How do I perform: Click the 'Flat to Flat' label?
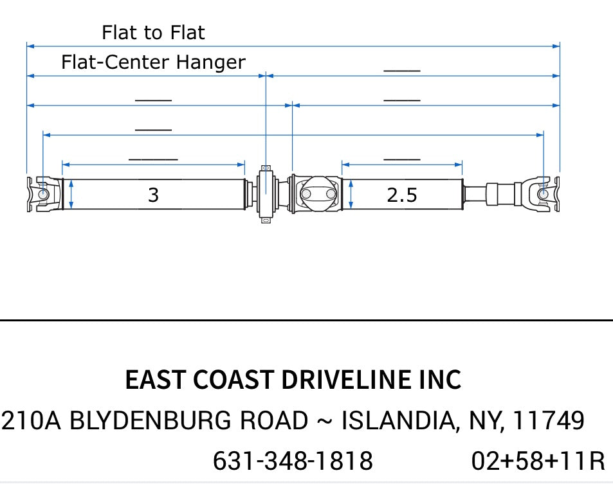(153, 32)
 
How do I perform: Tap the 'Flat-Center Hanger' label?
(153, 62)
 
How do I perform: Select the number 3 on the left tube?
(153, 195)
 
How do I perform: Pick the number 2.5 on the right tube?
(402, 195)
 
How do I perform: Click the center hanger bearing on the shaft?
(266, 194)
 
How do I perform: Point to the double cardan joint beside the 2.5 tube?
(316, 194)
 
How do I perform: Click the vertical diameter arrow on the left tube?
(71, 194)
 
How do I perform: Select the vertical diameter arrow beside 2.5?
(351, 194)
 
